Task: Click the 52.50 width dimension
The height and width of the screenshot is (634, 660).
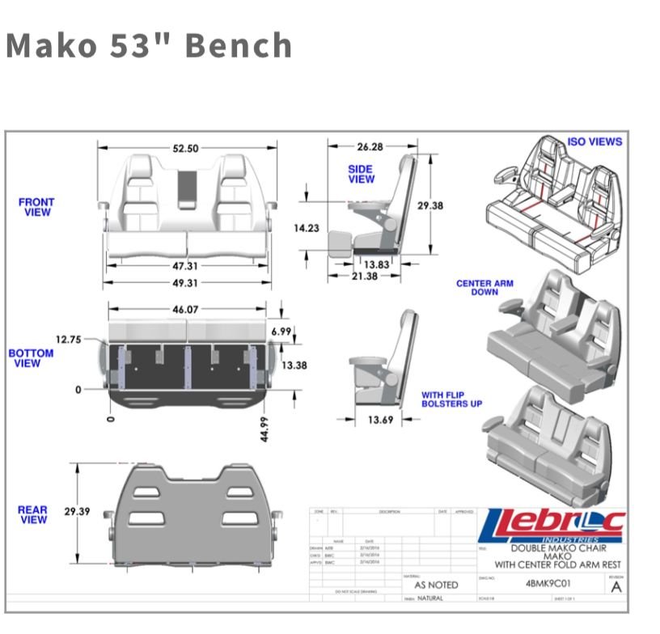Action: pyautogui.click(x=185, y=148)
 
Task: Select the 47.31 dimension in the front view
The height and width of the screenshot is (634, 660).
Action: pyautogui.click(x=185, y=266)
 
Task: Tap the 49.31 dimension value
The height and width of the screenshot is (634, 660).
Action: pyautogui.click(x=185, y=283)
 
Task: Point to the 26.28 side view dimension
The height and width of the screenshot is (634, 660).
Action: pyautogui.click(x=370, y=147)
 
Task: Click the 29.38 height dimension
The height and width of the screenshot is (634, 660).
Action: pyautogui.click(x=430, y=206)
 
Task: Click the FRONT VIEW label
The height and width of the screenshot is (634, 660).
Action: pyautogui.click(x=36, y=207)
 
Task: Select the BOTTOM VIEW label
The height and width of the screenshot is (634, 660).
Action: pyautogui.click(x=32, y=358)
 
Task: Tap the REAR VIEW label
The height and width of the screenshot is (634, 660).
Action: pyautogui.click(x=33, y=515)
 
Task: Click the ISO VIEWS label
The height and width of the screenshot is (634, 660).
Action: pyautogui.click(x=594, y=142)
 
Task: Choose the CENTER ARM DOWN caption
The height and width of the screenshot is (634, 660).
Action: pyautogui.click(x=484, y=288)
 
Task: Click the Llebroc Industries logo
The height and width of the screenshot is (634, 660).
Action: pyautogui.click(x=552, y=525)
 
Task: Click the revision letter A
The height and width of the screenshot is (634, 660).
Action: pyautogui.click(x=616, y=587)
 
